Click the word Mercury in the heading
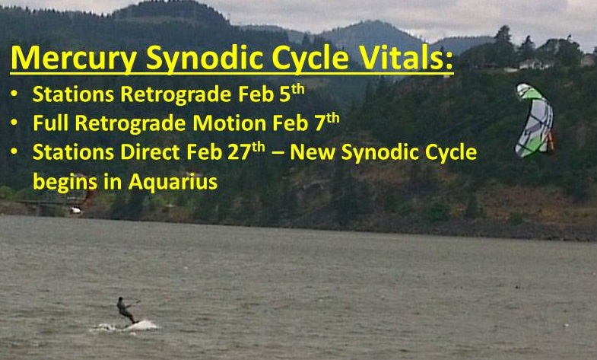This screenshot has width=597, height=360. tap(74, 59)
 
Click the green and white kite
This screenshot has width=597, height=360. tap(534, 120)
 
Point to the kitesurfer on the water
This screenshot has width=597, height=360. tap(126, 311)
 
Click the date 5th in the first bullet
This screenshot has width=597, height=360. tap(292, 94)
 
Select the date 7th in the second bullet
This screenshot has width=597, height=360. tap(327, 123)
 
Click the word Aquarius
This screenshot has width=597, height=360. tap(173, 182)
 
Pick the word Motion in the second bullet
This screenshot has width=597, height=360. tap(229, 123)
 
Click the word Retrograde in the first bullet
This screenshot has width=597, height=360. tap(176, 94)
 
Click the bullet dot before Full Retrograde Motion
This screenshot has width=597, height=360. tap(14, 123)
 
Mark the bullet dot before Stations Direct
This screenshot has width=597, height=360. tap(14, 151)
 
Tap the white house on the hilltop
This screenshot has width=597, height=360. tap(531, 65)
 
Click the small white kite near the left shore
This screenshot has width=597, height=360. tap(76, 209)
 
